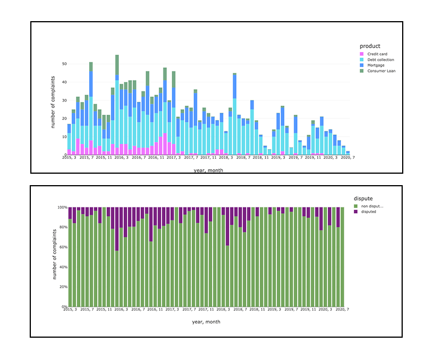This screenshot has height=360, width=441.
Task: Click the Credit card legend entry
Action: (x=376, y=54)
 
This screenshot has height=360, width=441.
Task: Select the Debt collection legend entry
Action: (x=380, y=59)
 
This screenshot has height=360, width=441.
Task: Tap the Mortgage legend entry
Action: (x=376, y=65)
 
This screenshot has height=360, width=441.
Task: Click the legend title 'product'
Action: (x=370, y=46)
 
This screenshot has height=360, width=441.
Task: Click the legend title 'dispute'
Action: (x=363, y=198)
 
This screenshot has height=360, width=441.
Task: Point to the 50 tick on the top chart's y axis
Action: (x=64, y=64)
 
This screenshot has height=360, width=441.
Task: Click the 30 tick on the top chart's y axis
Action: (x=64, y=101)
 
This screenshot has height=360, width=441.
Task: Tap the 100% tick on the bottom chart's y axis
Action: (x=61, y=207)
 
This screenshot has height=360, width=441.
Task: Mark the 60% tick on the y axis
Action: (x=62, y=247)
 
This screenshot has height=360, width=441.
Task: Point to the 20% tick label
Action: (x=62, y=287)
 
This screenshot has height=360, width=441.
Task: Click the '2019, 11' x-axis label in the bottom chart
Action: (x=308, y=309)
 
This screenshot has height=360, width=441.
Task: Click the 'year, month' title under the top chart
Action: (x=206, y=169)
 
